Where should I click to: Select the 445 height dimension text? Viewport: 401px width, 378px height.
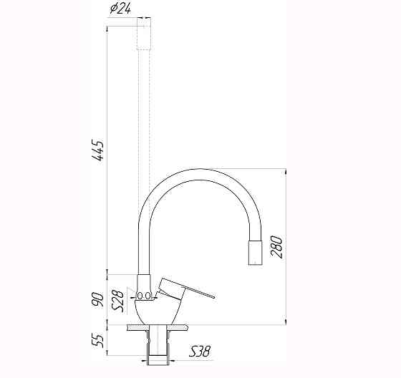100,152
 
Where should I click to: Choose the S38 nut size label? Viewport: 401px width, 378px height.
200,352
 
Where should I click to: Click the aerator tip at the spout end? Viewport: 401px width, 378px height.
254,253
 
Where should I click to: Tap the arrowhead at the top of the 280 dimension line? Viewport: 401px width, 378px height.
286,172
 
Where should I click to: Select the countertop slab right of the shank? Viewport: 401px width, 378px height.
179,327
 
